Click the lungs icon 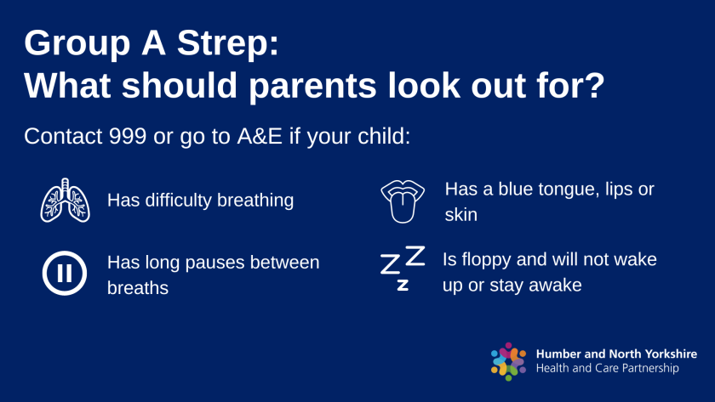pyautogui.click(x=66, y=201)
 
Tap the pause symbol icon pyautogui.click(x=66, y=274)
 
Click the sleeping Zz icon pyautogui.click(x=402, y=268)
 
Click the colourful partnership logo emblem pyautogui.click(x=509, y=360)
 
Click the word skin pyautogui.click(x=460, y=215)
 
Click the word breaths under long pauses pyautogui.click(x=138, y=288)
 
